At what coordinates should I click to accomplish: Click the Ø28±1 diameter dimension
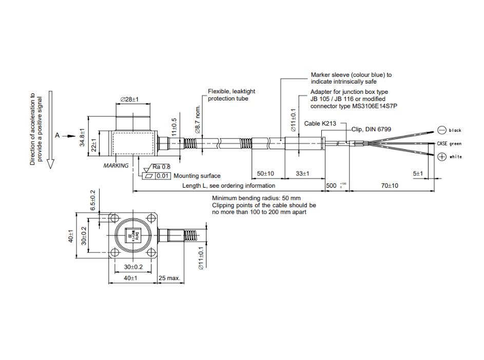pyautogui.click(x=130, y=99)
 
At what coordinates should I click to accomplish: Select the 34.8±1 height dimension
pyautogui.click(x=81, y=137)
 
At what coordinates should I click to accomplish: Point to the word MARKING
pyautogui.click(x=116, y=166)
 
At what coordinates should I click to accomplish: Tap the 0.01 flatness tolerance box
pyautogui.click(x=163, y=176)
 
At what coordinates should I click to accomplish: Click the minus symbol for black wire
pyautogui.click(x=441, y=130)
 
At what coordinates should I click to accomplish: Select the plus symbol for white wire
pyautogui.click(x=441, y=157)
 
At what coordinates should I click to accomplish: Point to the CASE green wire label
pyautogui.click(x=449, y=144)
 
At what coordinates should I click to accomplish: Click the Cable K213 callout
pyautogui.click(x=320, y=124)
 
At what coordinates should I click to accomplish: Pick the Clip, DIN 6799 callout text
pyautogui.click(x=371, y=129)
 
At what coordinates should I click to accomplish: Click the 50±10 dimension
pyautogui.click(x=265, y=174)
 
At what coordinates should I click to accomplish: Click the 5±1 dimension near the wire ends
pyautogui.click(x=417, y=174)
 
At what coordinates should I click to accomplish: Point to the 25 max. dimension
pyautogui.click(x=169, y=278)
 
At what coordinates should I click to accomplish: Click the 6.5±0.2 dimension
pyautogui.click(x=93, y=200)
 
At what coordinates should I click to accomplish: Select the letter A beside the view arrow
pyautogui.click(x=57, y=135)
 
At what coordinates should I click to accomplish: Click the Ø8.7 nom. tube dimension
pyautogui.click(x=198, y=118)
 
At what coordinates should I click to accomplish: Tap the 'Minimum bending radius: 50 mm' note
pyautogui.click(x=256, y=198)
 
